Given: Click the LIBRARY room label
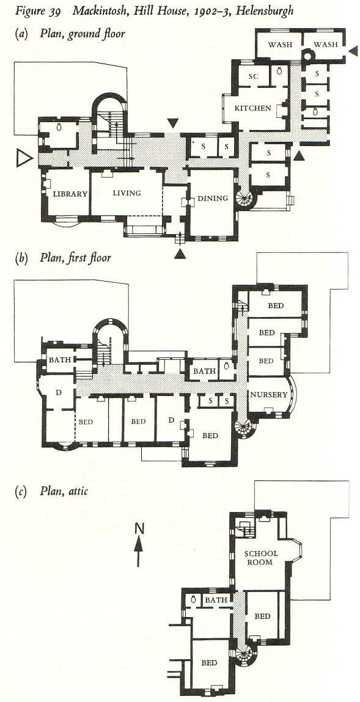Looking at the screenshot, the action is coord(70,194).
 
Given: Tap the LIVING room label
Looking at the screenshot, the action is coord(127,193).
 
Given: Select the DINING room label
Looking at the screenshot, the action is coord(213,199).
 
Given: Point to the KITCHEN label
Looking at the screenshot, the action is coord(253,108).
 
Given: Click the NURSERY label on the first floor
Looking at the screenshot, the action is coord(269,395).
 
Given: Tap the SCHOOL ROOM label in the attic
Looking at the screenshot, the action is coord(260,558).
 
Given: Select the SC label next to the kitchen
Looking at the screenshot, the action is coord(253,76).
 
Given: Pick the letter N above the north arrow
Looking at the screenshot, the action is coord(139,528).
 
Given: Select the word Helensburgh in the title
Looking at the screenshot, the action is coord(269,10).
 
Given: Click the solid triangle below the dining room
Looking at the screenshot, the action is coord(180,254).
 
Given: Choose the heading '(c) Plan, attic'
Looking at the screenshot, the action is coord(51,491).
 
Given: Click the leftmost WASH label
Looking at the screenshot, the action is coord(281,45).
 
